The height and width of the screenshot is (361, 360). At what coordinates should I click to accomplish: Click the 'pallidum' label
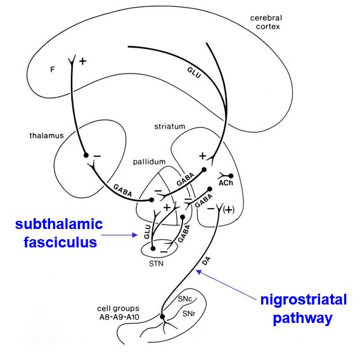149,162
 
